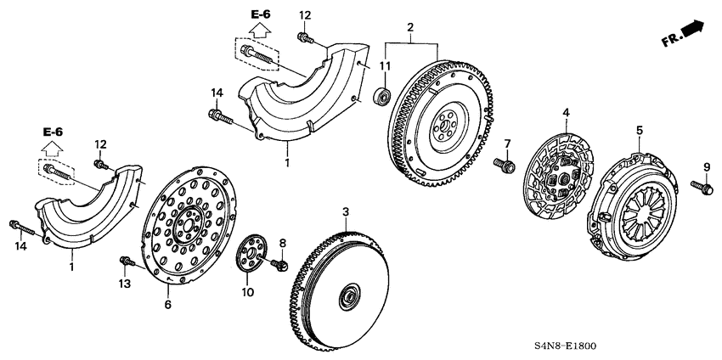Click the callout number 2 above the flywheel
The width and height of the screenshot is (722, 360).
click(x=410, y=29)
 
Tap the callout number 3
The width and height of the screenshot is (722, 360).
click(x=345, y=211)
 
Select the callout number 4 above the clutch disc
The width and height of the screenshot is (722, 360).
click(x=565, y=111)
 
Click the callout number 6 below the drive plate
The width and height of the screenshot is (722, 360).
click(x=167, y=304)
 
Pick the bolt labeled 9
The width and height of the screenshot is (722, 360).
click(x=702, y=186)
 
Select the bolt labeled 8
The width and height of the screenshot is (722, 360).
click(x=278, y=267)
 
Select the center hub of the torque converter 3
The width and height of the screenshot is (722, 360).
click(x=347, y=298)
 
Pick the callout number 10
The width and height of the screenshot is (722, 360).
click(x=248, y=293)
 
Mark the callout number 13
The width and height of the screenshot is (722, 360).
click(x=125, y=284)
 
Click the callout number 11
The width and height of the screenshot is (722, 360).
click(x=385, y=66)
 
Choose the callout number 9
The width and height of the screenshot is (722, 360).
click(x=705, y=166)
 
